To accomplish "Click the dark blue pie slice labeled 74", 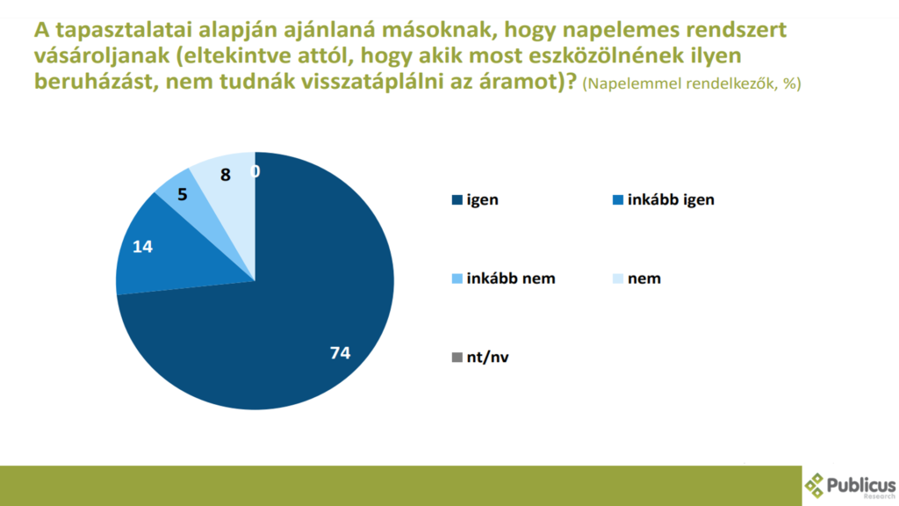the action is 287,322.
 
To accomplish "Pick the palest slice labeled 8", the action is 229,177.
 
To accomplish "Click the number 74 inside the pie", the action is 340,353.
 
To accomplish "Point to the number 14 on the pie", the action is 143,247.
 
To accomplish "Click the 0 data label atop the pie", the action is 255,171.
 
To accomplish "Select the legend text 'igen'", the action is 482,199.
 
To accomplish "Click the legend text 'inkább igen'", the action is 671,199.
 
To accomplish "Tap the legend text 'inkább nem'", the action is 511,278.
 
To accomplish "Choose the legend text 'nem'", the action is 644,278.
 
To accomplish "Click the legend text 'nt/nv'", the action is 488,357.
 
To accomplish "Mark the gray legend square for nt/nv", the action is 457,358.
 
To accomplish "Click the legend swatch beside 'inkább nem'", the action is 457,278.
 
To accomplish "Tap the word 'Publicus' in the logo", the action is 860,486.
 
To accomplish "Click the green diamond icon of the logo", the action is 814,485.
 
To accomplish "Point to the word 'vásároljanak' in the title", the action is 102,55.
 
